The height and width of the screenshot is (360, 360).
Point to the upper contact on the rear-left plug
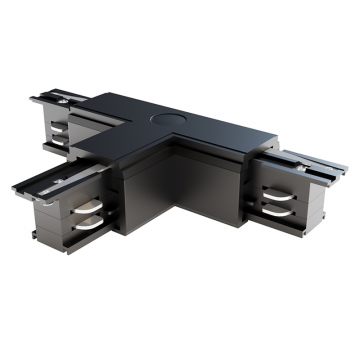(x=59, y=126)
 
